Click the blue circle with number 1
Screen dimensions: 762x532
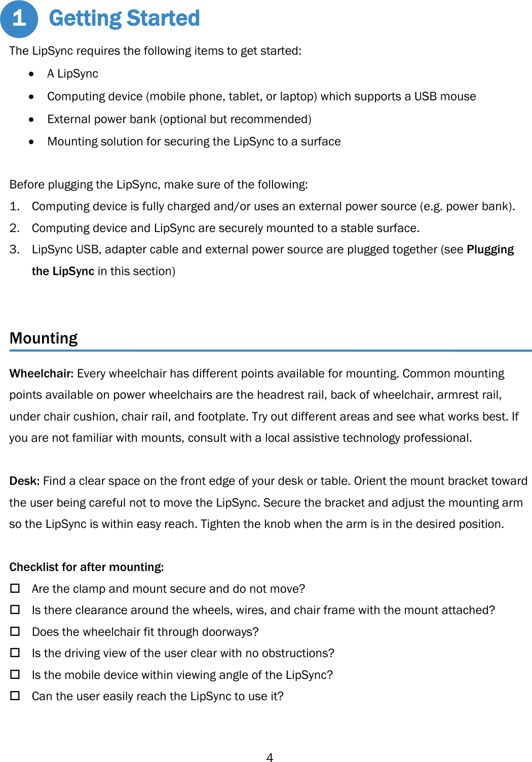coord(19,19)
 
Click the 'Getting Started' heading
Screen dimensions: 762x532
coord(124,19)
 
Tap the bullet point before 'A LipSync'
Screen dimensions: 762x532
coord(32,74)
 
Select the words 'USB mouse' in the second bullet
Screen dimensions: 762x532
coord(445,96)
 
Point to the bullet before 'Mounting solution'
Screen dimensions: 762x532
coord(32,142)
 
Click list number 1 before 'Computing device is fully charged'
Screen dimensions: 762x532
coord(14,206)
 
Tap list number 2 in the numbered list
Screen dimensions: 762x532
coord(14,228)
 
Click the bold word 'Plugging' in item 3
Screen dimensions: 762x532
coord(490,249)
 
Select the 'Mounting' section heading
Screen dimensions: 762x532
coord(44,338)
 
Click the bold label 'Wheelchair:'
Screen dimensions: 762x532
coord(42,373)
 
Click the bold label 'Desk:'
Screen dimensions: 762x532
coord(24,481)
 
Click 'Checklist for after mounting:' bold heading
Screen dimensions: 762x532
coord(87,567)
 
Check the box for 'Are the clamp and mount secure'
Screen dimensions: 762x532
coord(15,588)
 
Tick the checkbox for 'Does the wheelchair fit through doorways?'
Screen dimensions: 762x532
coord(15,631)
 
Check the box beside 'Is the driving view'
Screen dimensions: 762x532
coord(15,653)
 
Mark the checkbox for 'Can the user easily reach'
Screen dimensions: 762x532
coord(15,696)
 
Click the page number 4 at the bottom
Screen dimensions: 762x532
coord(270,757)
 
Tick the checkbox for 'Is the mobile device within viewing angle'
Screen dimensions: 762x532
coord(15,674)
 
